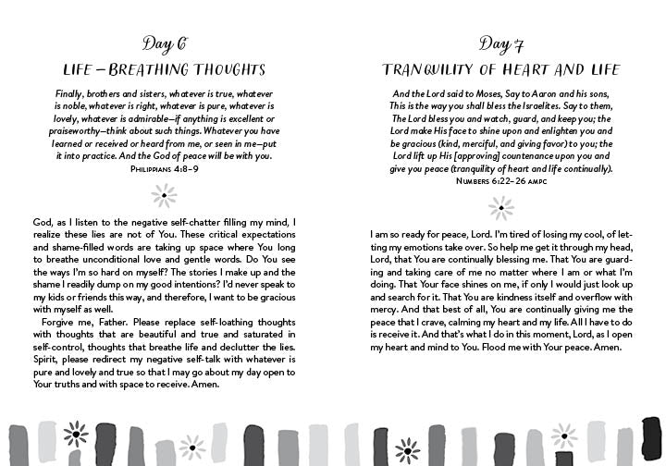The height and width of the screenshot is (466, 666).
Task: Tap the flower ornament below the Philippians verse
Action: (165, 194)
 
